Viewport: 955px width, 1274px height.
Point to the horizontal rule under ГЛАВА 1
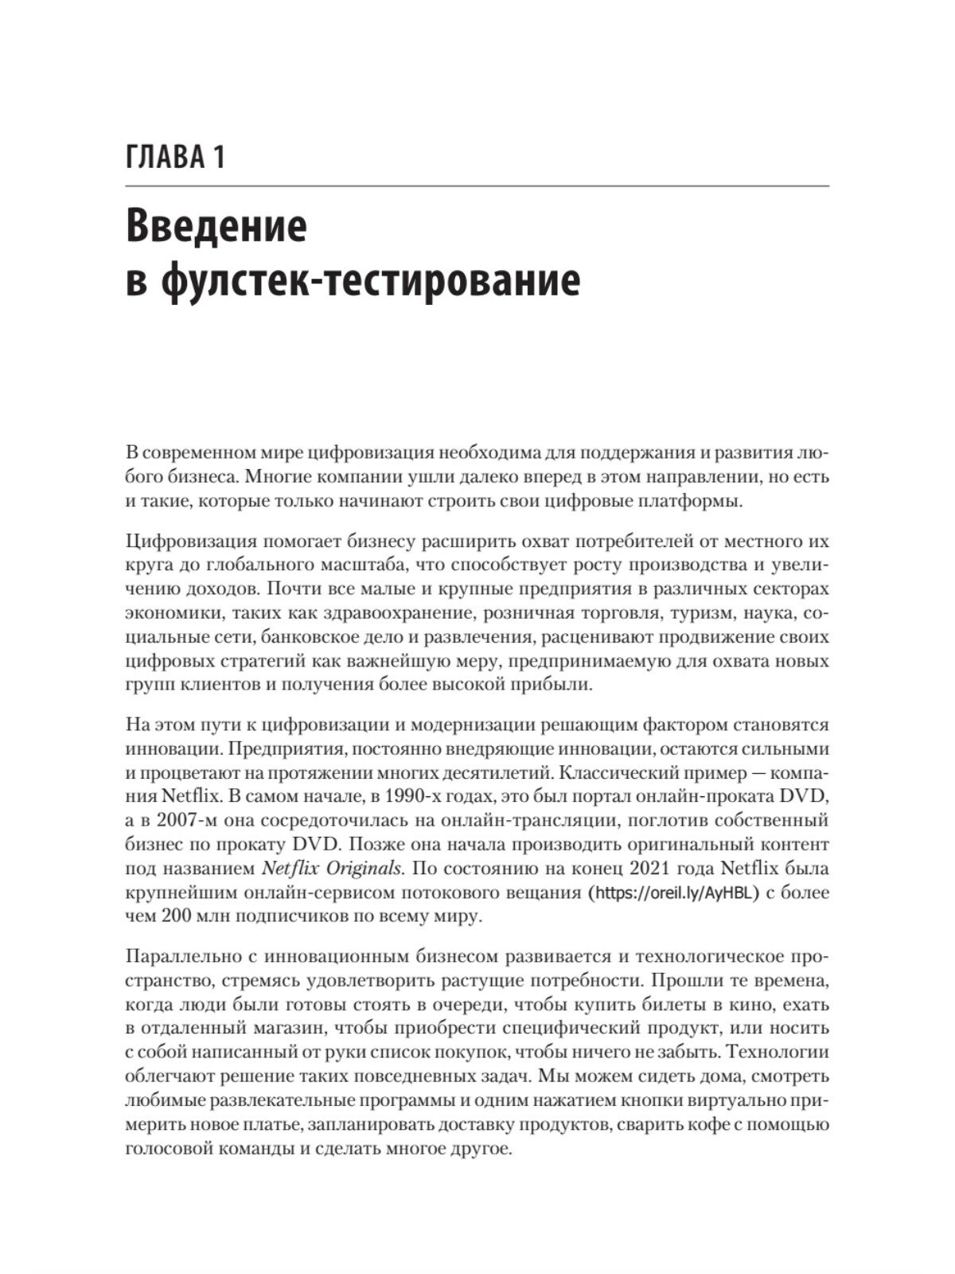click(477, 186)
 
